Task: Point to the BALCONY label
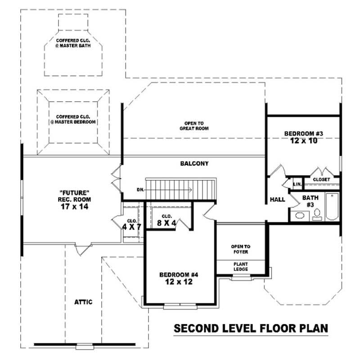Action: click(194, 164)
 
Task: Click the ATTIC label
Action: click(84, 302)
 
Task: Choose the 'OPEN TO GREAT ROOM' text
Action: click(194, 126)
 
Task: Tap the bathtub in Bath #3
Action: click(332, 206)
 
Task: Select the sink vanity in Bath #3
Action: click(298, 216)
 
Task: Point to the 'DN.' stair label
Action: click(140, 190)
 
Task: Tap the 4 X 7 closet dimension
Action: click(132, 227)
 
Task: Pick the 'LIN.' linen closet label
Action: click(297, 184)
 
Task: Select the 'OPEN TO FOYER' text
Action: click(240, 249)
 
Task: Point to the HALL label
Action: click(277, 199)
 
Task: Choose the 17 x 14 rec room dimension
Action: click(74, 207)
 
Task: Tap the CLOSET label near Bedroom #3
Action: click(321, 180)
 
